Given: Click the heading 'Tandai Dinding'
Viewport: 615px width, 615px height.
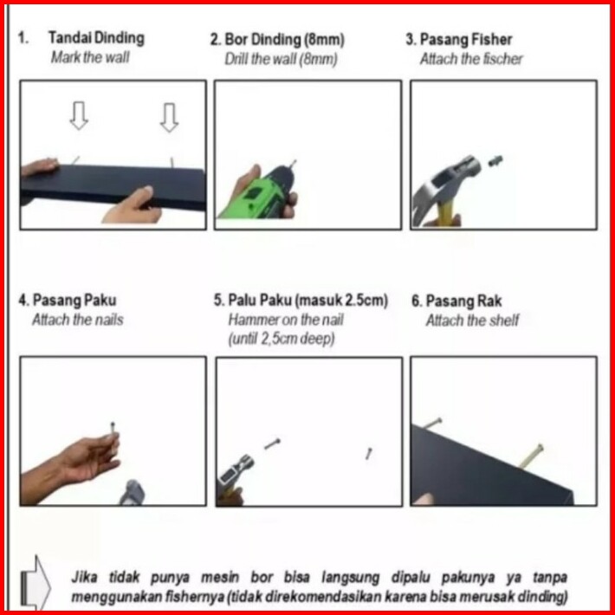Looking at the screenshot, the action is coord(96,38).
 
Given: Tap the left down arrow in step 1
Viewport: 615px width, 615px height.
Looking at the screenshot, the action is coord(79,116).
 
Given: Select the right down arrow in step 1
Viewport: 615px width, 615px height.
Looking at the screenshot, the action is coord(170,117).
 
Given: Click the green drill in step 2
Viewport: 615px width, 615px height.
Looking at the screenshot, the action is coord(259,192).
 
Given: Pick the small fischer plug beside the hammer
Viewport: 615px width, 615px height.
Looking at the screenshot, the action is coord(495,160).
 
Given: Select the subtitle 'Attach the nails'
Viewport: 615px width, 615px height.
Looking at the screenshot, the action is coord(78,320).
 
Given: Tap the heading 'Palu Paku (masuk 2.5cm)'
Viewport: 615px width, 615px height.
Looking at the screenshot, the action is coord(307,300).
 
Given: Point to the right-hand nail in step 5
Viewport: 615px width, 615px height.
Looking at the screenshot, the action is coord(369,453).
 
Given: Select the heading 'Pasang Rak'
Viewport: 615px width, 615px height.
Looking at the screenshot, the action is coord(463,301).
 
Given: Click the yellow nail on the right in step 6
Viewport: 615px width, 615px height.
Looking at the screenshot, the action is coord(531,456).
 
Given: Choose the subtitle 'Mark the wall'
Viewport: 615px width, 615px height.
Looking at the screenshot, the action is coord(90,58).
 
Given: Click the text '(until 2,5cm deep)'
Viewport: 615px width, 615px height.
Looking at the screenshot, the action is coord(282,338).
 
